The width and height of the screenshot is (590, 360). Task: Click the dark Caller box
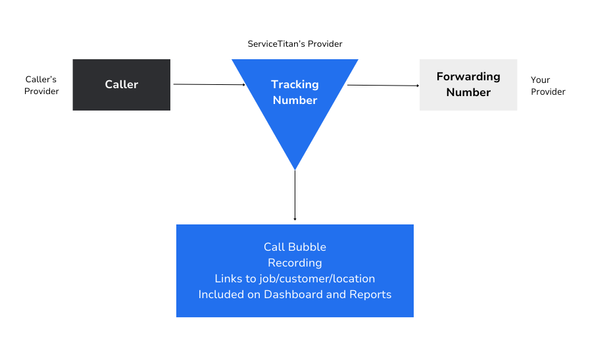point(121,84)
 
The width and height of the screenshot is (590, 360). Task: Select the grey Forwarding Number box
point(468,84)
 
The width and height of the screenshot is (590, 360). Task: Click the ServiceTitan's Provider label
point(295,44)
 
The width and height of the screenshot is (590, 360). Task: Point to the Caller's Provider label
point(41,86)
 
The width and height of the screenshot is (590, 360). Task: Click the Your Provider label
point(547,86)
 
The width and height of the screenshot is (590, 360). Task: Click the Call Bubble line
point(295,247)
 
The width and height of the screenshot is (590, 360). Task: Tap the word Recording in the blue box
point(295,263)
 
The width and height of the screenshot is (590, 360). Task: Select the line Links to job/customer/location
point(295,278)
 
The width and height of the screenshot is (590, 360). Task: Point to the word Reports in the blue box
point(370,294)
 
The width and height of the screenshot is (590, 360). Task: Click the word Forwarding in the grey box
point(468,76)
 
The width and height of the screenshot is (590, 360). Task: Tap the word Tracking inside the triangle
point(295,84)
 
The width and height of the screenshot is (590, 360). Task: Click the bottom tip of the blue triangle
point(295,167)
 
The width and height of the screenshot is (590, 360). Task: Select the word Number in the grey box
point(468,92)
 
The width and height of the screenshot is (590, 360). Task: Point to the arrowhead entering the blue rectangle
point(295,219)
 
